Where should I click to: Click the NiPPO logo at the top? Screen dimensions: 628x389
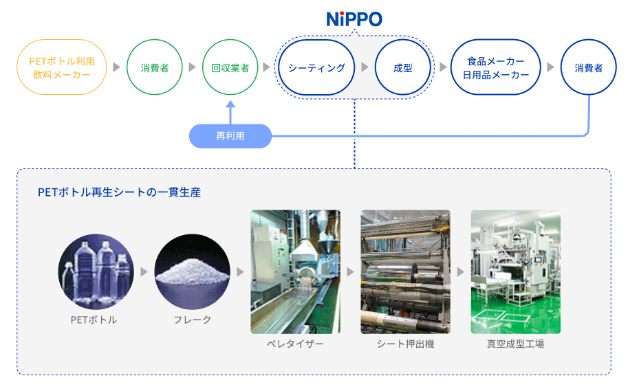tap(354, 19)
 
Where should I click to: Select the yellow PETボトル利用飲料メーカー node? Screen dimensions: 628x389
tap(62, 67)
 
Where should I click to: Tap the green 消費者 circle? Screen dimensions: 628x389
tap(155, 67)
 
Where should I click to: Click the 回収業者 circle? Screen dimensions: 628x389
tap(230, 67)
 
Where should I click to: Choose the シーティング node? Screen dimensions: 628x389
tap(316, 67)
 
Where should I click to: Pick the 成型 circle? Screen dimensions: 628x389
tap(402, 67)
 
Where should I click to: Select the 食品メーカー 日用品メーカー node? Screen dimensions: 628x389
tap(496, 67)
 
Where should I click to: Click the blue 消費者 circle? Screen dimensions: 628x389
tap(589, 67)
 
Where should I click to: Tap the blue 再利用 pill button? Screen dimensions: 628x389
tap(230, 136)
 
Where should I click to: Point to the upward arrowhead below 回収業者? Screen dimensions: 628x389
tap(230, 104)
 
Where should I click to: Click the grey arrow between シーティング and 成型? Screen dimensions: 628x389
tap(365, 67)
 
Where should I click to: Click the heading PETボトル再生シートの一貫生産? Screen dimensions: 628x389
tap(120, 192)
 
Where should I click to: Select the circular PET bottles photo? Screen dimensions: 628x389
tap(96, 271)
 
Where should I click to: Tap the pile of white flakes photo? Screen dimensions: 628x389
tap(192, 271)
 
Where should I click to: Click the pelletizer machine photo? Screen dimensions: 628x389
tap(296, 271)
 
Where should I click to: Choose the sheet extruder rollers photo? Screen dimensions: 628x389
tap(405, 271)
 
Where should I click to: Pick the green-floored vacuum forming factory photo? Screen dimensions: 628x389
tap(515, 271)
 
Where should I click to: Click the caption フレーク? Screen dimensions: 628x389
tap(192, 320)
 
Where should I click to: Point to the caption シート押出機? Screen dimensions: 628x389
tap(405, 344)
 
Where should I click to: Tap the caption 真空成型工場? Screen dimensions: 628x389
tap(515, 344)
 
